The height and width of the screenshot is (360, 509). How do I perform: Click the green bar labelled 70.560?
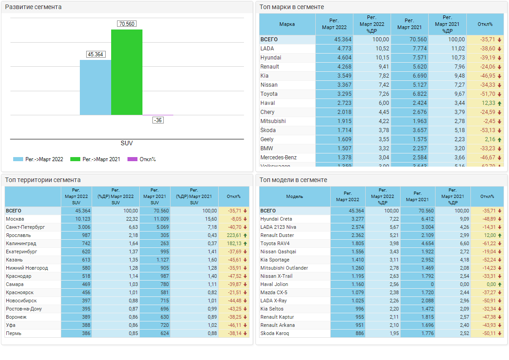(x=127, y=72)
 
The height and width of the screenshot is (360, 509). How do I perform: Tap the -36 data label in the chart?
(x=158, y=120)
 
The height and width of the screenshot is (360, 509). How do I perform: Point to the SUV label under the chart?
(x=127, y=143)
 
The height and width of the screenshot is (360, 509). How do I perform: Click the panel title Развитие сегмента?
(x=33, y=7)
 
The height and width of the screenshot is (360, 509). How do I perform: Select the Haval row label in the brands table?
(x=268, y=103)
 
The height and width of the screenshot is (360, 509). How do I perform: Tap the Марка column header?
(x=287, y=24)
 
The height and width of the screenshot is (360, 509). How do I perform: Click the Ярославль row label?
(x=18, y=235)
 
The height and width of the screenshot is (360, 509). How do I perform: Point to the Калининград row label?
(x=21, y=243)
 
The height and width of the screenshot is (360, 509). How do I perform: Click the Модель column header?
(x=295, y=197)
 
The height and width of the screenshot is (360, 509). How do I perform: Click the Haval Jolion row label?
(x=275, y=284)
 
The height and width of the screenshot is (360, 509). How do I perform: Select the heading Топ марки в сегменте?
(x=292, y=7)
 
